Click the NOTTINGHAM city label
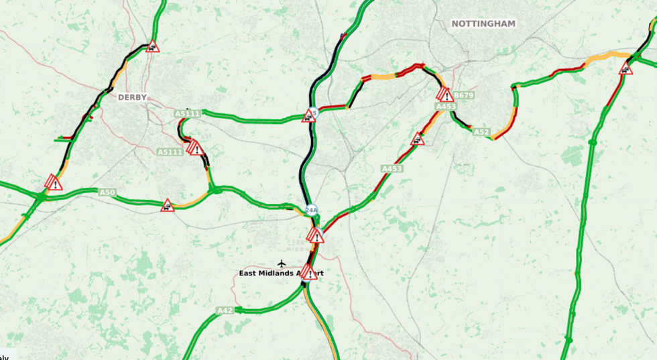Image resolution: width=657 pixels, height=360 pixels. (x=483, y=23)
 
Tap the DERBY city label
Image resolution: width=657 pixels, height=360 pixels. (x=132, y=97)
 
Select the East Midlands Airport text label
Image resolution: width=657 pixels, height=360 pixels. (x=281, y=274)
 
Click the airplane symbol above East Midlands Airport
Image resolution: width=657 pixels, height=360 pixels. (x=282, y=263)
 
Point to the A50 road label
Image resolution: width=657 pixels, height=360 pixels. (x=107, y=192)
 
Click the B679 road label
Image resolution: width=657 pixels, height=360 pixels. (x=464, y=95)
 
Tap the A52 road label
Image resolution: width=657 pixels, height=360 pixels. (x=481, y=132)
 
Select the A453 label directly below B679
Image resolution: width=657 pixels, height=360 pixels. (x=446, y=107)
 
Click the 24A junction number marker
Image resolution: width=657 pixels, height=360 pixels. (x=310, y=211)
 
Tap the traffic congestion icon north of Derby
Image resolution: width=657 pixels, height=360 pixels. (x=153, y=46)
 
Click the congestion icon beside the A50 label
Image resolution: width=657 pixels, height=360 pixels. (x=167, y=205)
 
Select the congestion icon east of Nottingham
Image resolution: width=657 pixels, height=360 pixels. (x=625, y=68)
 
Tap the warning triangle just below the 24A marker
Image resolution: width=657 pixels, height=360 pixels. (x=315, y=235)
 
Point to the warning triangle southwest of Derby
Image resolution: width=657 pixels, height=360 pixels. (x=54, y=182)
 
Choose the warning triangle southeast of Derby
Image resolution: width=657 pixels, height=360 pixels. (x=195, y=147)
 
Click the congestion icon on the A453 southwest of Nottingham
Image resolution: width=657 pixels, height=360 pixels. (x=418, y=139)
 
